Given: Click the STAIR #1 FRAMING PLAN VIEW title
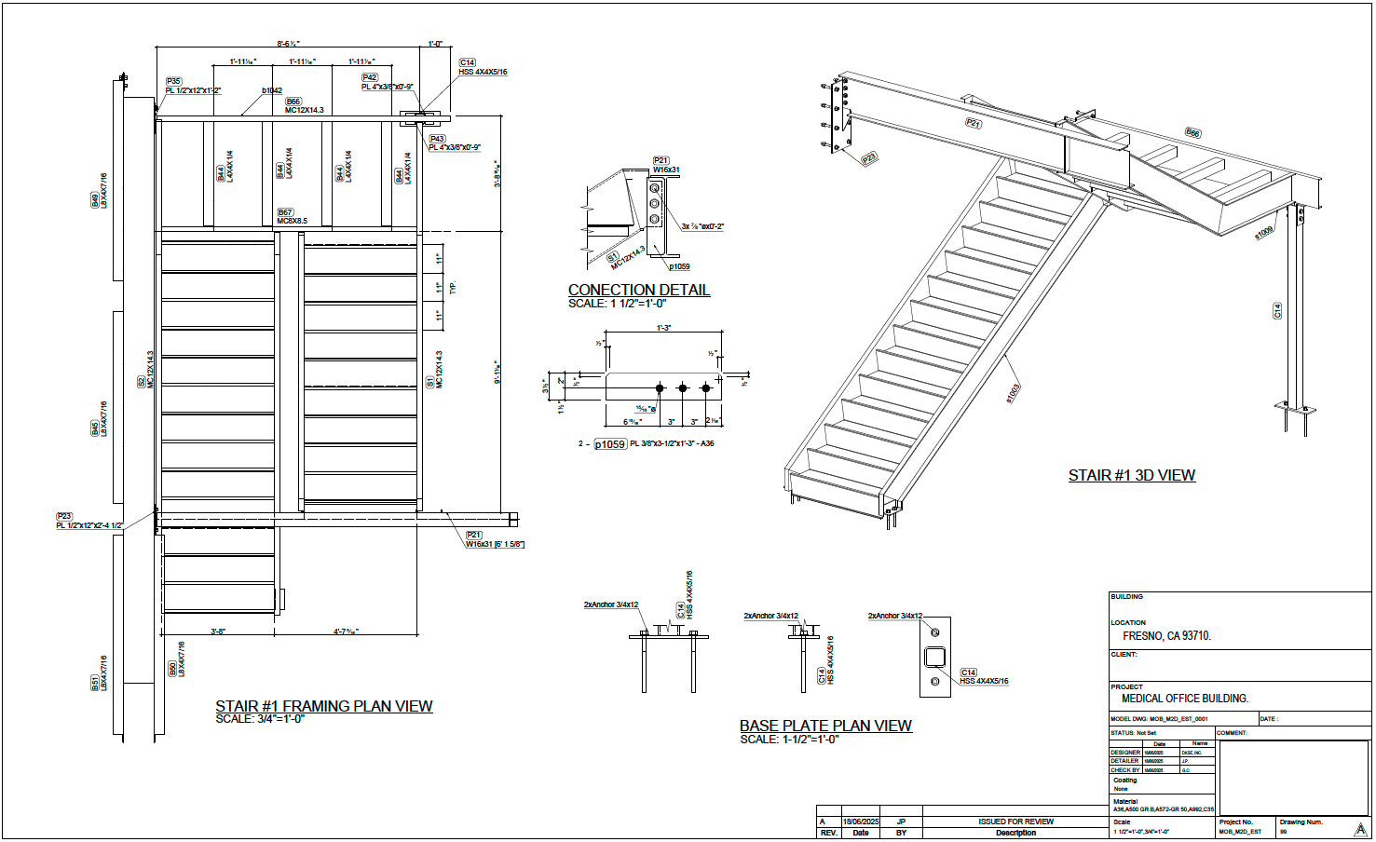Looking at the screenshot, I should [323, 706].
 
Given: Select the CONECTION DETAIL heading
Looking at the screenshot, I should [638, 290].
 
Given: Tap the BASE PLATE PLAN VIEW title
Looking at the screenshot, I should [825, 726].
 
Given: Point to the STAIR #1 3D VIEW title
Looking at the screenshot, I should [1131, 475].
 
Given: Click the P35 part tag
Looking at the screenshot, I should [174, 82].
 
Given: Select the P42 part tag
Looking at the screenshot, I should [370, 78].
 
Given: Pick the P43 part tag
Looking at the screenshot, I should [437, 139].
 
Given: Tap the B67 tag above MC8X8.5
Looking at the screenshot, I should [285, 212].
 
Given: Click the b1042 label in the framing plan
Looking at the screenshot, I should [271, 91].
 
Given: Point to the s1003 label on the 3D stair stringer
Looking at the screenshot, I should [1013, 393].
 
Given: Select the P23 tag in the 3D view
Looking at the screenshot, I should [869, 158].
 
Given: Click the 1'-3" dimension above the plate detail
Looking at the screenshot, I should [663, 328].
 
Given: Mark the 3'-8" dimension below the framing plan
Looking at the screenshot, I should [217, 631].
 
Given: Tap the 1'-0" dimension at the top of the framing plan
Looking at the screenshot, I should [435, 44].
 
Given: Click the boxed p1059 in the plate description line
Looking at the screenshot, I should [610, 444].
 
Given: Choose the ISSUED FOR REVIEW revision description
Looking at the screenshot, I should [1015, 822].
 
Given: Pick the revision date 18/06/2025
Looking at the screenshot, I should [860, 822].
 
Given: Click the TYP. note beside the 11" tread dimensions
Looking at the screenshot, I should [453, 288].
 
